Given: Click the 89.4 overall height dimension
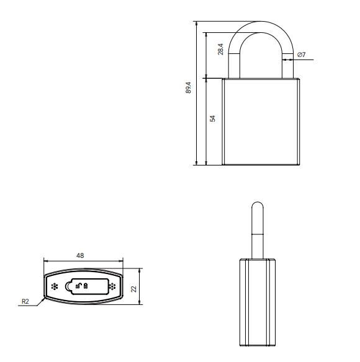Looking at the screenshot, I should point(188,88).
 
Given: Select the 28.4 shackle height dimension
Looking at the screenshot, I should point(220,50).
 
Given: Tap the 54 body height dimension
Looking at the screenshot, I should point(212,118).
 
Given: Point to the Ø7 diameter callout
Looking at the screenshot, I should point(301,55).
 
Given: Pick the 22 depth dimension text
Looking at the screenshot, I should point(134,289).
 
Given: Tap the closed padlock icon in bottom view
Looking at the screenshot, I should point(86,286).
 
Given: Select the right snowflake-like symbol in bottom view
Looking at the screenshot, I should point(112,286).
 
